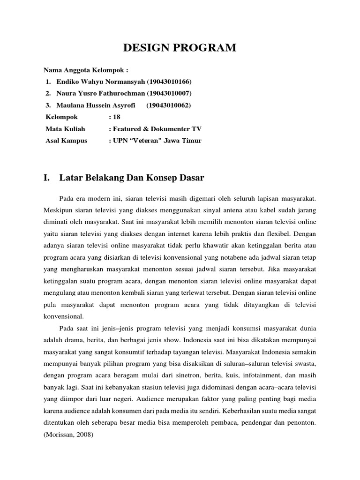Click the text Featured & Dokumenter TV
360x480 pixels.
(x=157, y=129)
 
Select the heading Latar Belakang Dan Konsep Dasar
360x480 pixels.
(x=132, y=178)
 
